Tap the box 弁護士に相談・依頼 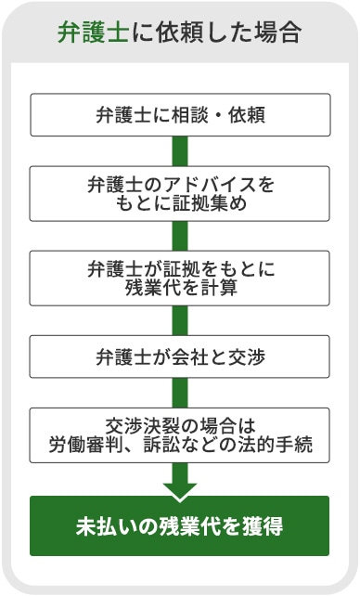click(180, 115)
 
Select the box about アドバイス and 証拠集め click(180, 193)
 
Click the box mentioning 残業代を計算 click(180, 278)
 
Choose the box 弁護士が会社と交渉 click(180, 356)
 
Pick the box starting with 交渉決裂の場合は click(180, 434)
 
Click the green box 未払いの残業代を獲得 click(180, 525)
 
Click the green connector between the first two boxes click(180, 151)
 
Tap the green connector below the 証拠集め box click(180, 236)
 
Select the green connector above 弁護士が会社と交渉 click(180, 320)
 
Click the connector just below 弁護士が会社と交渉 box click(180, 393)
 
